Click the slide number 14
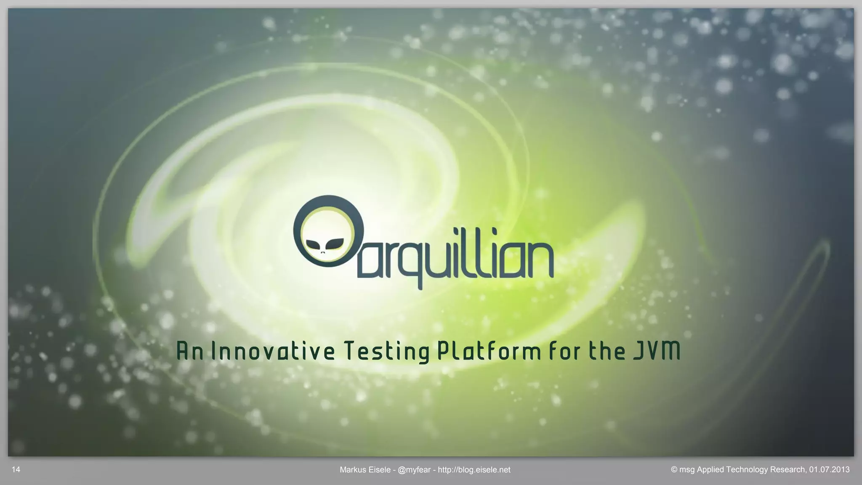(16, 469)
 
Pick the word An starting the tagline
(190, 351)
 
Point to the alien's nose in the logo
(323, 252)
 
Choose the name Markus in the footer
(352, 470)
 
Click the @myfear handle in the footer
(414, 470)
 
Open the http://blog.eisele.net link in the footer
(474, 470)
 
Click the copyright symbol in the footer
(674, 469)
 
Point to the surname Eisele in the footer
(379, 470)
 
